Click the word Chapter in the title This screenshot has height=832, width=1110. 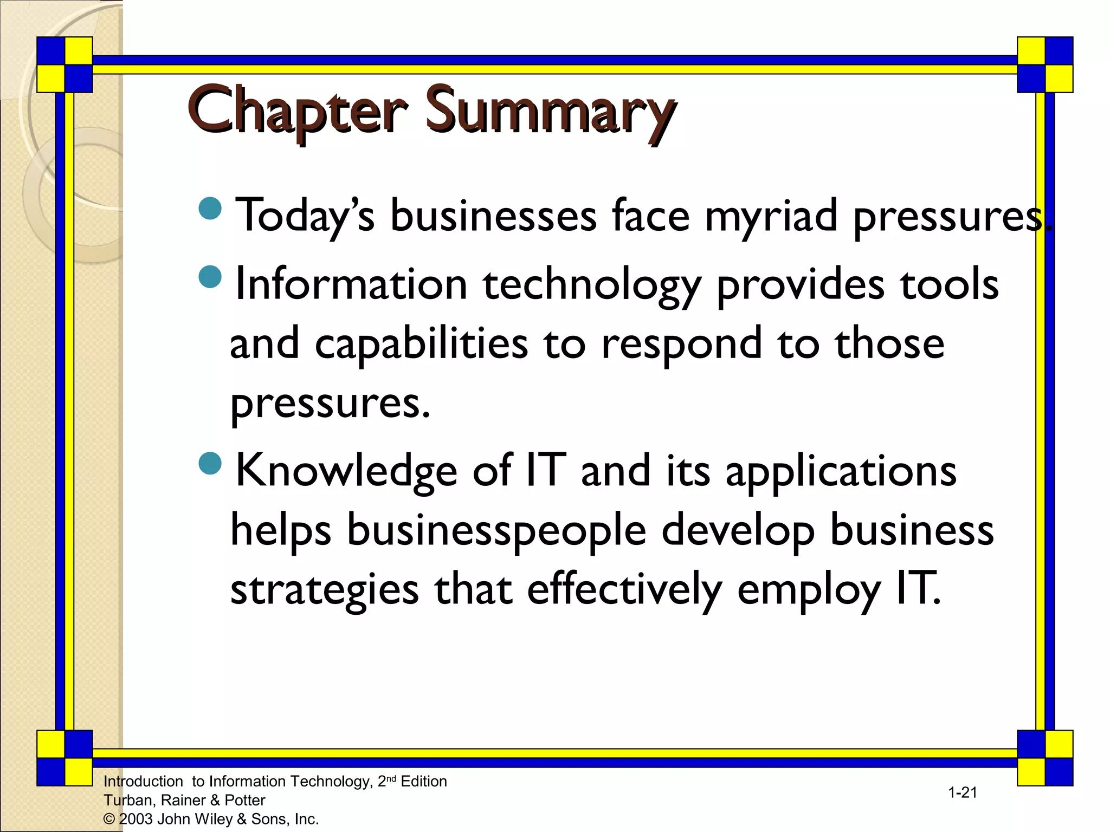coord(297,112)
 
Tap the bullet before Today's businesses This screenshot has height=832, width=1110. coord(210,209)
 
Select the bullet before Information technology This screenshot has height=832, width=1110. coord(210,277)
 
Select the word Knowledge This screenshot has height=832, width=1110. coord(346,470)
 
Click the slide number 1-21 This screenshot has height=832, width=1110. coord(963,792)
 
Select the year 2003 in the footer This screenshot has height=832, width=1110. coord(136,819)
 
